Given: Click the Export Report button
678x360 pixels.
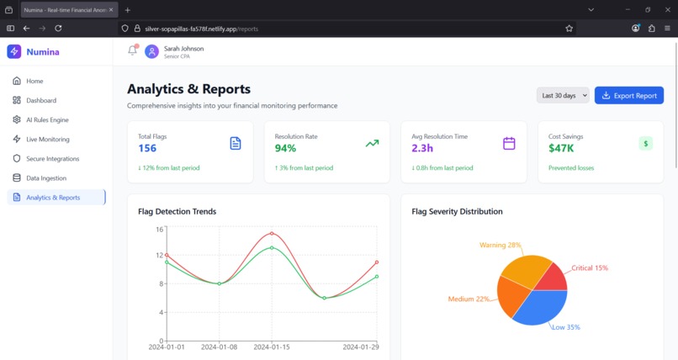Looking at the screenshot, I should (628, 96).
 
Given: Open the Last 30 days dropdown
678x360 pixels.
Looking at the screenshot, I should (563, 96).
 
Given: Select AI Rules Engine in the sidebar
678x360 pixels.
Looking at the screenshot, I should (47, 120).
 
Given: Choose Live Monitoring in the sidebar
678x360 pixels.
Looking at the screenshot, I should (48, 140).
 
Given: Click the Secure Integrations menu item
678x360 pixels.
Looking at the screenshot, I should (52, 159).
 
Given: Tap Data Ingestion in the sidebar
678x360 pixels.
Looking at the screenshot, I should (45, 178).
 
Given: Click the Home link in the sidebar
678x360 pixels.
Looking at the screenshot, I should (34, 82).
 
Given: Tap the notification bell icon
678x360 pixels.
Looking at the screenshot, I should (132, 50).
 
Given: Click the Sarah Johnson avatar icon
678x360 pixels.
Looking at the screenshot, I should (151, 51).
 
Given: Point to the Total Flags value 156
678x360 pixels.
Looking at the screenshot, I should (147, 148).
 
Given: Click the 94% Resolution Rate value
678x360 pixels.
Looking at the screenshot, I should (285, 148).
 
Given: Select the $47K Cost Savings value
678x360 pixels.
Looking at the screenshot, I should (561, 148).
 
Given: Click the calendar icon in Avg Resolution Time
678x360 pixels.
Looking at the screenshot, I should (509, 144).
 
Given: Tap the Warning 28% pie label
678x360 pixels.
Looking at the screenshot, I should (501, 246).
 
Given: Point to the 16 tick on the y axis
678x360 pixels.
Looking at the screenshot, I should (159, 229).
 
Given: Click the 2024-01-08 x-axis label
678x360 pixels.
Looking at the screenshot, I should (219, 347).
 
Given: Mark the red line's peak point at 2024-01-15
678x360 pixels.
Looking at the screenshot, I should (272, 234).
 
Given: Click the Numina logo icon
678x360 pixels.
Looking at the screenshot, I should (14, 51).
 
